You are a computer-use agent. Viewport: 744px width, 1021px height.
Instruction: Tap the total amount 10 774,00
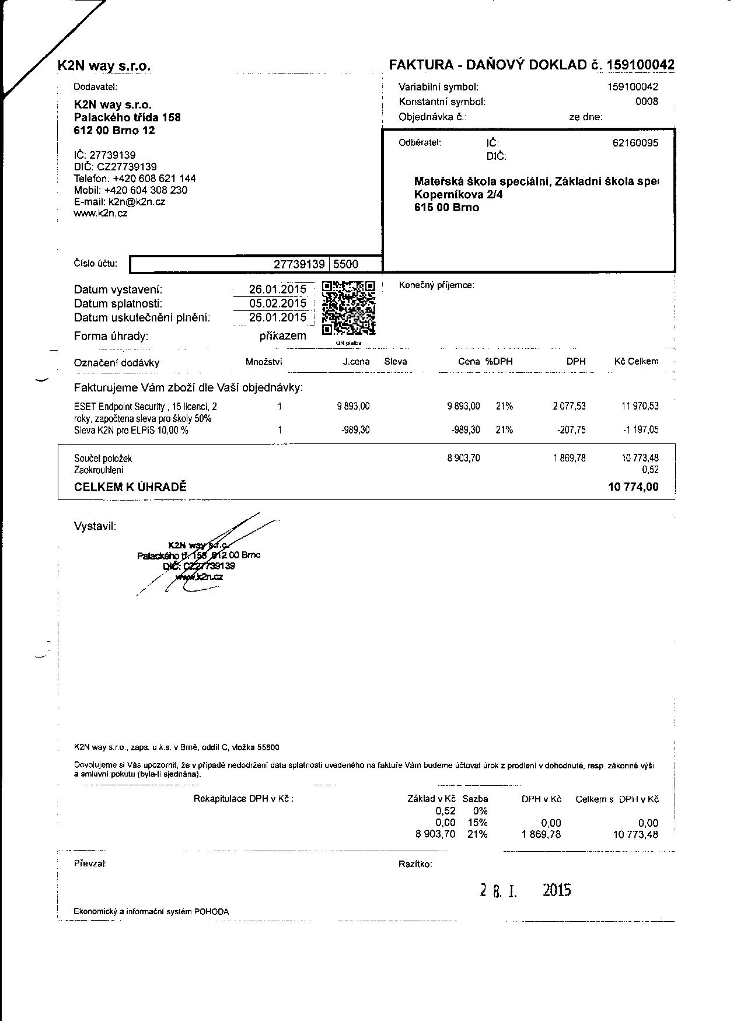point(633,487)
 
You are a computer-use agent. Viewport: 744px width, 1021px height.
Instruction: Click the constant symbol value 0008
point(647,102)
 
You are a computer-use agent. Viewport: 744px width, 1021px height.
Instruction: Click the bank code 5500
point(345,264)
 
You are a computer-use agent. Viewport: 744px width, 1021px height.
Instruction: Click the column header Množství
point(264,362)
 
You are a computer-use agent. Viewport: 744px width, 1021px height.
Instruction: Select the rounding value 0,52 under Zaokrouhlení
point(649,470)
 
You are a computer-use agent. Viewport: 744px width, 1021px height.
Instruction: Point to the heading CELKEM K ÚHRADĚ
point(130,487)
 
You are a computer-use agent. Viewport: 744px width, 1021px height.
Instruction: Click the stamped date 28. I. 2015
point(525,890)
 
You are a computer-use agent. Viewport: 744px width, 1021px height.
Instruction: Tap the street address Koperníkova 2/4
point(458,195)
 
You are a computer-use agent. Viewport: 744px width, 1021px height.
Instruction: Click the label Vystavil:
point(95,526)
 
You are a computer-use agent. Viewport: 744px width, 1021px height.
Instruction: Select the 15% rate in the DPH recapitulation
point(477,823)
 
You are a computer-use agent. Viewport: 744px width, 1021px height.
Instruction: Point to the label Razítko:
point(415,864)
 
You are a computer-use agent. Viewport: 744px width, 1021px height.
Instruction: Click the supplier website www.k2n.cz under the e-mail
point(100,214)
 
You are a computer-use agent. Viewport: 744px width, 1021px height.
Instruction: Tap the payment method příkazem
point(282,336)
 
